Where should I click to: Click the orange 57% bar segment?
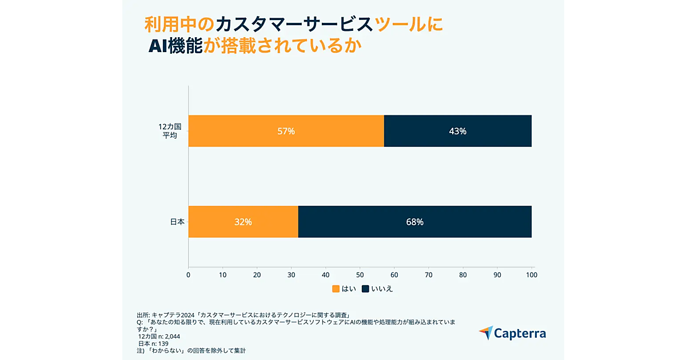[x=286, y=131]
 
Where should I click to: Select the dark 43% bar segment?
[x=457, y=131]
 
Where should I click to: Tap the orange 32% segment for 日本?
[x=243, y=222]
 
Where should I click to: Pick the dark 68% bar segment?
[x=414, y=222]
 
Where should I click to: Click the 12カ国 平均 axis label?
[x=170, y=131]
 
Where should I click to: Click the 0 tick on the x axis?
[x=189, y=275]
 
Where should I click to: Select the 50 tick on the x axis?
[x=360, y=275]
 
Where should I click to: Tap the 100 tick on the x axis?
[x=532, y=275]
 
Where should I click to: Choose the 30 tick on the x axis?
[x=292, y=275]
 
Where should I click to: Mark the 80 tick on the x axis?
[x=463, y=275]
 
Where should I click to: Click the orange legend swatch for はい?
[x=336, y=289]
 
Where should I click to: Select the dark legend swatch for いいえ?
[x=365, y=289]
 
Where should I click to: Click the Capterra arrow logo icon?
[x=485, y=333]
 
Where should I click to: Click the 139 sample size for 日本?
[x=165, y=343]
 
